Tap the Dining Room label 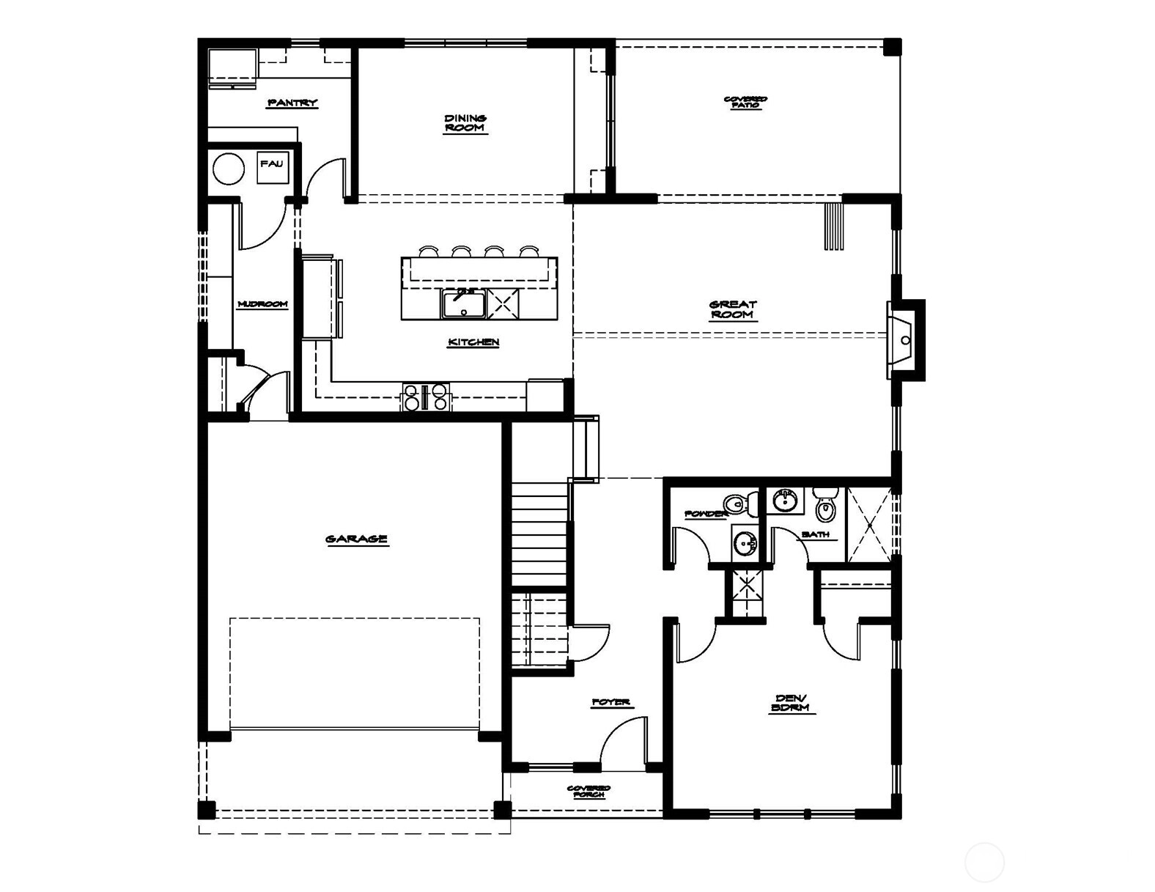465,123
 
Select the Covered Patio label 746,102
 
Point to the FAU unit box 272,168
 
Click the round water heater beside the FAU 229,169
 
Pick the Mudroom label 262,304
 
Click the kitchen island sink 462,303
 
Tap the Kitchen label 473,342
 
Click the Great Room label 732,309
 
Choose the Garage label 356,539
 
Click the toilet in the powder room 742,503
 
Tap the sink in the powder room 745,542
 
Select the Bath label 816,534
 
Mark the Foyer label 611,702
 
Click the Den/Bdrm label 792,703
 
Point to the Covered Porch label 588,792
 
